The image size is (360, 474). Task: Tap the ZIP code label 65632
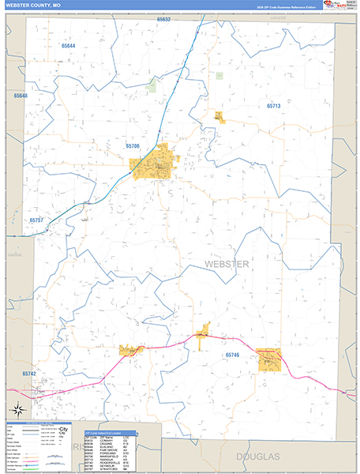[x=163, y=18]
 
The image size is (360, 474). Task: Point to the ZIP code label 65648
[x=20, y=96]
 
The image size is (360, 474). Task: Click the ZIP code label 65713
[x=273, y=105]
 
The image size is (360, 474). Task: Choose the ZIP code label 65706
[x=133, y=146]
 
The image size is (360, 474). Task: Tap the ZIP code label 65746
[x=231, y=355]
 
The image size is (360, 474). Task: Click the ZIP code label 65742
[x=29, y=373]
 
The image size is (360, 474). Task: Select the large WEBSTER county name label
[x=227, y=263]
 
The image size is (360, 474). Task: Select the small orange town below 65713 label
[x=219, y=117]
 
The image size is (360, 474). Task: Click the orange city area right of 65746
[x=270, y=359]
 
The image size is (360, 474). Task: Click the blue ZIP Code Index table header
[x=110, y=432]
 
